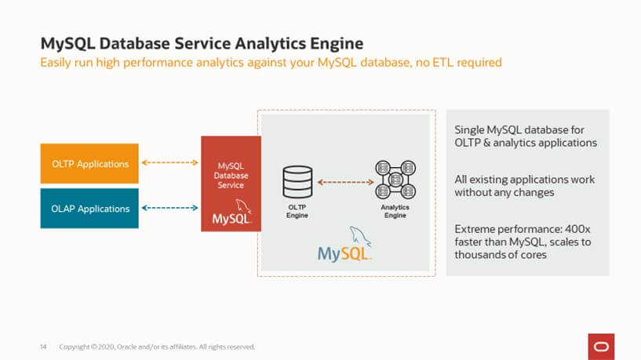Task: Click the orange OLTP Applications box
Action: (x=89, y=163)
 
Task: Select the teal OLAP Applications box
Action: (x=89, y=209)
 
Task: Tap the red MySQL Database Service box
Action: (x=231, y=184)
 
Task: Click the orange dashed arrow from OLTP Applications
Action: (x=169, y=162)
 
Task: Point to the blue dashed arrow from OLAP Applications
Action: (x=169, y=208)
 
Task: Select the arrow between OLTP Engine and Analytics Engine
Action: (x=345, y=182)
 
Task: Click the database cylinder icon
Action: (x=297, y=182)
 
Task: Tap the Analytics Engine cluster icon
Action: (x=395, y=180)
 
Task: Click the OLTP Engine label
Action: (x=297, y=211)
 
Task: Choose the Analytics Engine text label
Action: (x=395, y=211)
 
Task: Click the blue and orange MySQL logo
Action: (x=344, y=245)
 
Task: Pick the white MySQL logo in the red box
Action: (x=231, y=212)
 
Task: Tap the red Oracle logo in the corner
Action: (x=601, y=347)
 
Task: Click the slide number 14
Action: (x=43, y=347)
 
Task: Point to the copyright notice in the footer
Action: (x=157, y=347)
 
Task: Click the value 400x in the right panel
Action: (x=577, y=229)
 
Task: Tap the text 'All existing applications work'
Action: (x=525, y=180)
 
